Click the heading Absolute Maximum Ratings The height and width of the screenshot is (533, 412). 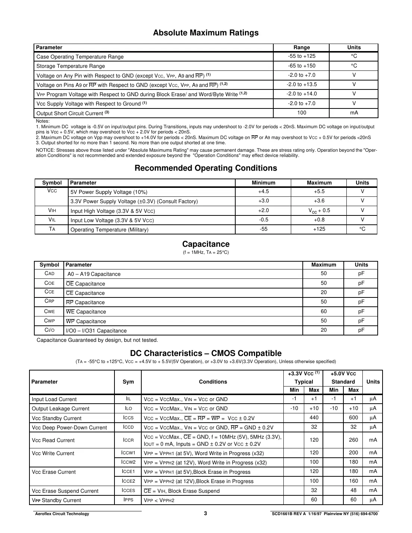coord(206,33)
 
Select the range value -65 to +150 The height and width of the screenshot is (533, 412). coord(301,66)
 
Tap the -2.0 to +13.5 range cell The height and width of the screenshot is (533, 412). coord(301,85)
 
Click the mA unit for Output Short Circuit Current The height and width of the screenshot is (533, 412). coord(354,113)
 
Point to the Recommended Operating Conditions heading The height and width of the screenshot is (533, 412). coord(206,168)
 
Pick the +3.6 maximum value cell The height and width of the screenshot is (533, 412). coord(319,201)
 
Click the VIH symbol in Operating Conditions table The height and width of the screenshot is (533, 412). coord(52,211)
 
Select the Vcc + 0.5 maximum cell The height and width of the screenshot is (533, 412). coord(319,211)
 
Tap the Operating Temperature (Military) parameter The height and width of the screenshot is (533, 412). coord(109,230)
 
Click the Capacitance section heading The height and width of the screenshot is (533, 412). coord(206,244)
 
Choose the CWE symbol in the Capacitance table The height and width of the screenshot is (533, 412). coord(49,311)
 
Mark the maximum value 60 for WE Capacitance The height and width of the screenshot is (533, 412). coord(323,311)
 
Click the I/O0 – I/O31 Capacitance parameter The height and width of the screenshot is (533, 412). coord(96,331)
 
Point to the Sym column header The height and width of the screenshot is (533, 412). coord(128,382)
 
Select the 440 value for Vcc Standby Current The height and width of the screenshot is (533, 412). coord(314,418)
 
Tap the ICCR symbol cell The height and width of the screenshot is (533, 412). coord(128,440)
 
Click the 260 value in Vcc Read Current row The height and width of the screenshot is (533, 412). coord(353,440)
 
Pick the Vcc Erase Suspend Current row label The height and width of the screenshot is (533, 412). coord(65,491)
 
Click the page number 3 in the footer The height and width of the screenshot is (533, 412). coord(205,513)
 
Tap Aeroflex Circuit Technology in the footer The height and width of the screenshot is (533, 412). coord(62,514)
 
